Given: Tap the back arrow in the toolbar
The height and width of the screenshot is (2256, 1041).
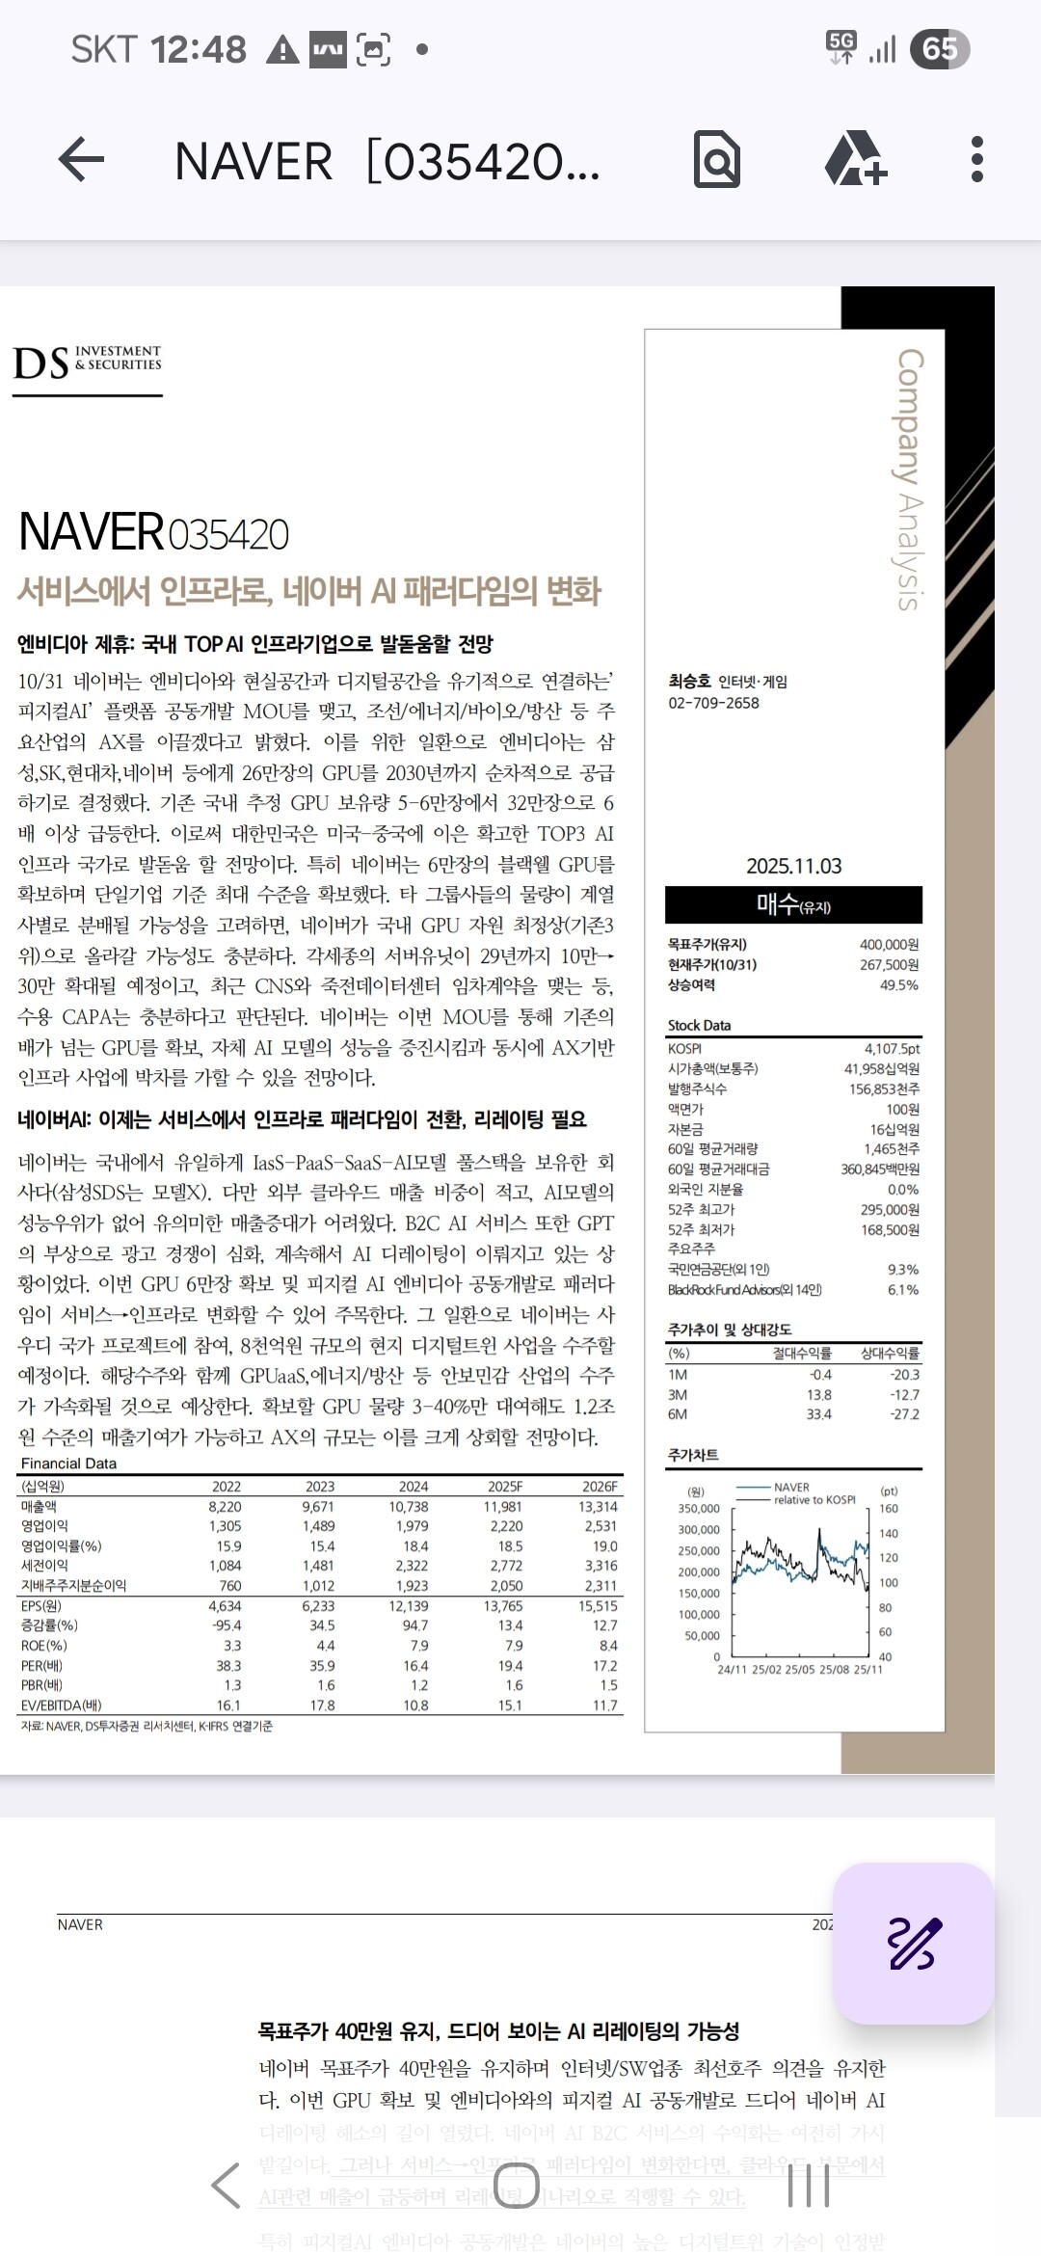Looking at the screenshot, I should coord(82,159).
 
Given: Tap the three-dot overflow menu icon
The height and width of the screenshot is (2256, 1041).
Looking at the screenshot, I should coord(976,159).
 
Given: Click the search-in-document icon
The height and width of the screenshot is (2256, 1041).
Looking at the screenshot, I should coord(717,160).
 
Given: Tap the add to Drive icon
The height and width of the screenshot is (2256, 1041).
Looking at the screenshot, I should coord(855,159).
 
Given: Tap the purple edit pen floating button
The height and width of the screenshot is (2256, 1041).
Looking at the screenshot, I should coord(913,1943).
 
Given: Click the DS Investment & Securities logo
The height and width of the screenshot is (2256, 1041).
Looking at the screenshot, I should coord(88,364).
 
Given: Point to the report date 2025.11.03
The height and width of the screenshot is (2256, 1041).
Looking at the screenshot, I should coord(793,866).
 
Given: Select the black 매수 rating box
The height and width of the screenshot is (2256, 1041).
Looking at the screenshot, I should coord(793,904).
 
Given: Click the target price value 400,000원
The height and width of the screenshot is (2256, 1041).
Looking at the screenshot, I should coord(889,944).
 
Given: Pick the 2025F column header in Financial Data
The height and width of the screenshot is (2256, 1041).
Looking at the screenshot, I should coord(505,1486).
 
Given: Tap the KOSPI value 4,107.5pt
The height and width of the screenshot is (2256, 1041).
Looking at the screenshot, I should coord(892,1048).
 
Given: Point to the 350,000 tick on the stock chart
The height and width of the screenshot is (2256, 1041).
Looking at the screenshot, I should coord(699,1508).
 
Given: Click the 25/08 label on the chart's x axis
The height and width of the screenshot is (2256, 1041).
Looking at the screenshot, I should coord(836,1669).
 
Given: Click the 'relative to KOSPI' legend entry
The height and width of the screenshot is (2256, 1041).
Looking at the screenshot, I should coord(814,1499).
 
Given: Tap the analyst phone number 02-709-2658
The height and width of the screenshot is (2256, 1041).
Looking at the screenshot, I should coord(714,703).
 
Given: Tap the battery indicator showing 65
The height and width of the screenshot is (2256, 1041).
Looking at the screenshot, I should coord(940,48).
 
